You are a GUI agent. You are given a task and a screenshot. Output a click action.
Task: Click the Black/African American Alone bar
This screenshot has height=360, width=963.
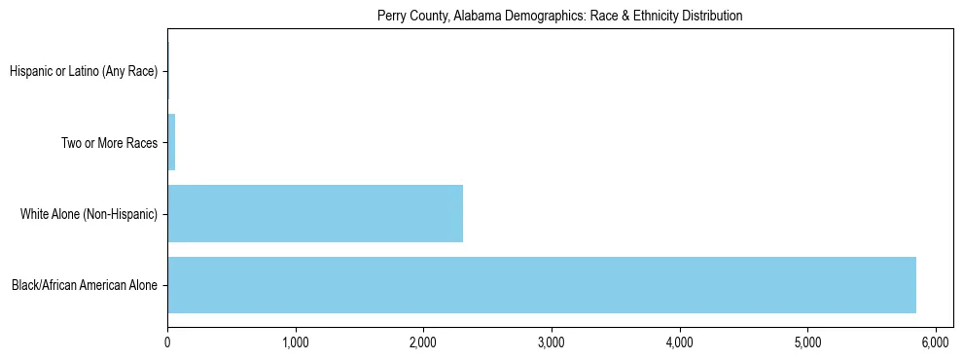[541, 285]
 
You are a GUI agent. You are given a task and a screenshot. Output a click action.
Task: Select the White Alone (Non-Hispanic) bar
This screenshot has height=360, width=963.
[315, 213]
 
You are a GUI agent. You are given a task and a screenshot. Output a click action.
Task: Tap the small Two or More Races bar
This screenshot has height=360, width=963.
[171, 142]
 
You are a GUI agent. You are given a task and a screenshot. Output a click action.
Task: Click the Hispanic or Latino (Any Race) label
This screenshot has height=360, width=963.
[84, 71]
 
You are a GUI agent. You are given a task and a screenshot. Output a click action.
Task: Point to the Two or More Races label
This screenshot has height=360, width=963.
[109, 143]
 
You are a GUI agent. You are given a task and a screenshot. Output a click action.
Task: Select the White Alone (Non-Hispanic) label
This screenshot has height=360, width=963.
[89, 214]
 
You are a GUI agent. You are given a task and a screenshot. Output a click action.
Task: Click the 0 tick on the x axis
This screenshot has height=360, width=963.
[167, 342]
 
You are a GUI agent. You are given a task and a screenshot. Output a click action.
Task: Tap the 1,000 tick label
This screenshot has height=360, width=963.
[295, 342]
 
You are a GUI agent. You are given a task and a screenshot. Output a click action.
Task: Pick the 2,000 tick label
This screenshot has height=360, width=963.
[423, 342]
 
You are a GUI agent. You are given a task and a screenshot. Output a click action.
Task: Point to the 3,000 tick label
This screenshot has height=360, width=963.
[552, 342]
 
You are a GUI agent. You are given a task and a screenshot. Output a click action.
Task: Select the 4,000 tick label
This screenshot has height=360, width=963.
[679, 342]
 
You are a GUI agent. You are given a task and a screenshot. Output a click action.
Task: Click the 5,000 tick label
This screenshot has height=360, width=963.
[807, 342]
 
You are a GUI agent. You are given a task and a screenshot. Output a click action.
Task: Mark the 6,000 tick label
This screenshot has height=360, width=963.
[935, 342]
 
